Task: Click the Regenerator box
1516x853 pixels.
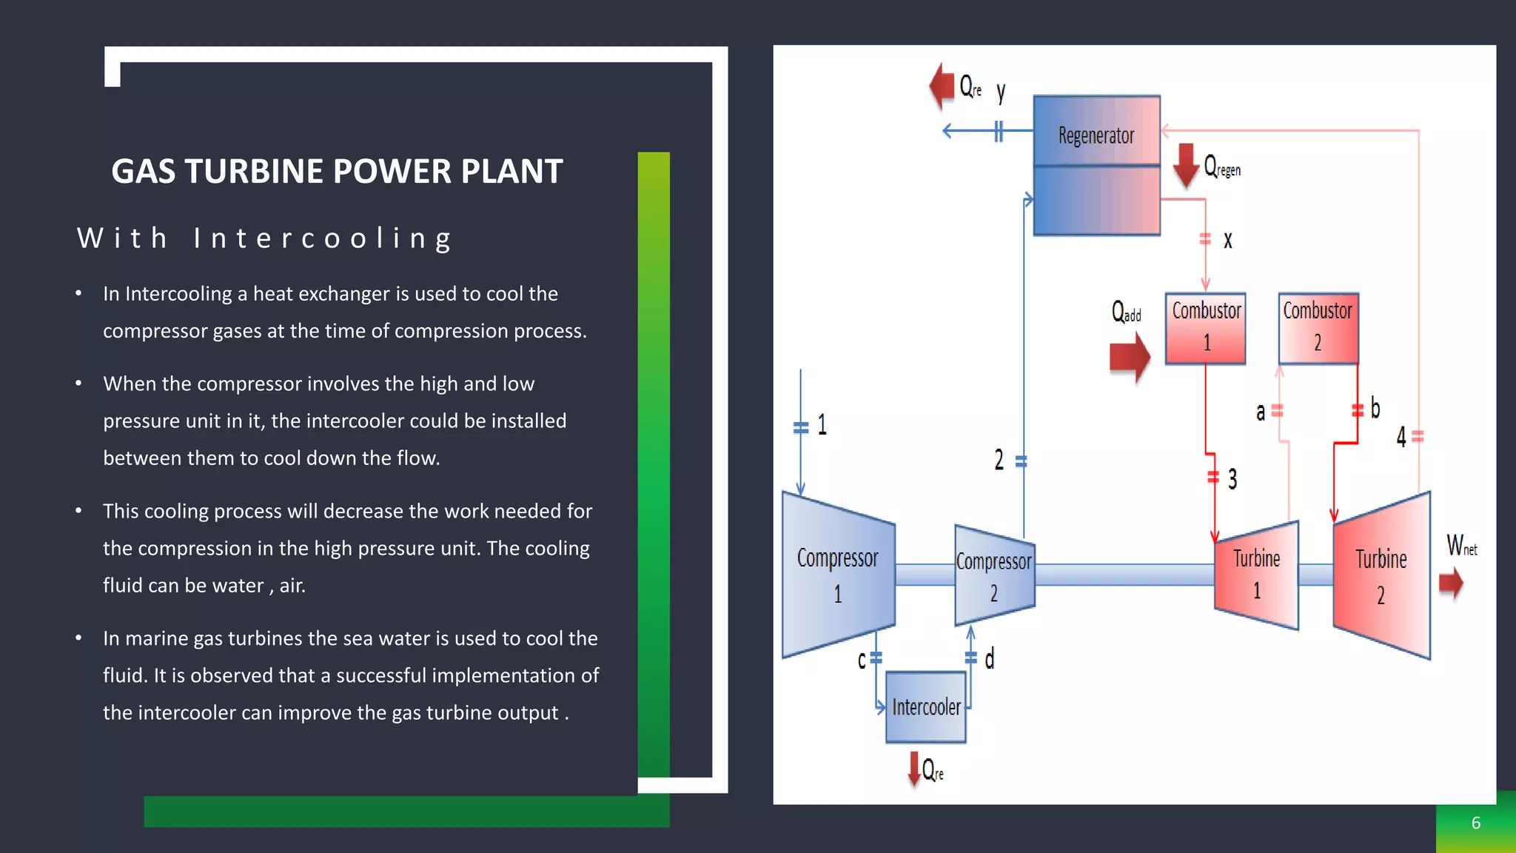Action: coord(1096,165)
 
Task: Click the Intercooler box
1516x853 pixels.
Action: coord(925,707)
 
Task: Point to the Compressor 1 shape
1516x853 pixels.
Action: coord(838,575)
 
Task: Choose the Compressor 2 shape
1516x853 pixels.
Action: coord(993,575)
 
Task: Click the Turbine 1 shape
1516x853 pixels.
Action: coord(1256,575)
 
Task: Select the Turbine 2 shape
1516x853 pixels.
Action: coord(1381,575)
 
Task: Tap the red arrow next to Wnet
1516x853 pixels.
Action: coord(1451,583)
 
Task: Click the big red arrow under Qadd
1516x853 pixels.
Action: coord(1130,358)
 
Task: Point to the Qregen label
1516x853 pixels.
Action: coord(1222,167)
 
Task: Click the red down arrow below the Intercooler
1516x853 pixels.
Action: coord(915,769)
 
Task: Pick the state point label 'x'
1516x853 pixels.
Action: coord(1227,240)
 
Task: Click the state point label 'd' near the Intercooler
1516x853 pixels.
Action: coord(990,658)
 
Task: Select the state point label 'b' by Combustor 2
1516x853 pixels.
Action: coord(1375,408)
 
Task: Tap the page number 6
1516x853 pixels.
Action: coord(1475,823)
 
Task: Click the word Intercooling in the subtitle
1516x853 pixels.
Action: coord(323,238)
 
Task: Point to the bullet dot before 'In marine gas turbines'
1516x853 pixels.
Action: coord(78,638)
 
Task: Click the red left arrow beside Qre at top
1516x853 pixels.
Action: coord(942,86)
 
